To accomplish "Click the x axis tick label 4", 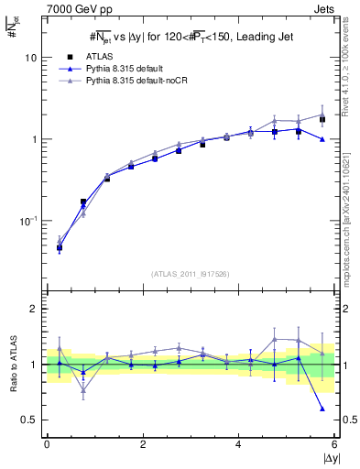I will point(238,444).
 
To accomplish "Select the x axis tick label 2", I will point(143,444).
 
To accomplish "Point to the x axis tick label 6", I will point(334,444).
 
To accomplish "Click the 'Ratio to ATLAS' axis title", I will point(10,364).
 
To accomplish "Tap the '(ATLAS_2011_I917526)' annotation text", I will point(190,274).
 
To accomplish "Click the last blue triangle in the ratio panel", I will point(322,409).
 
